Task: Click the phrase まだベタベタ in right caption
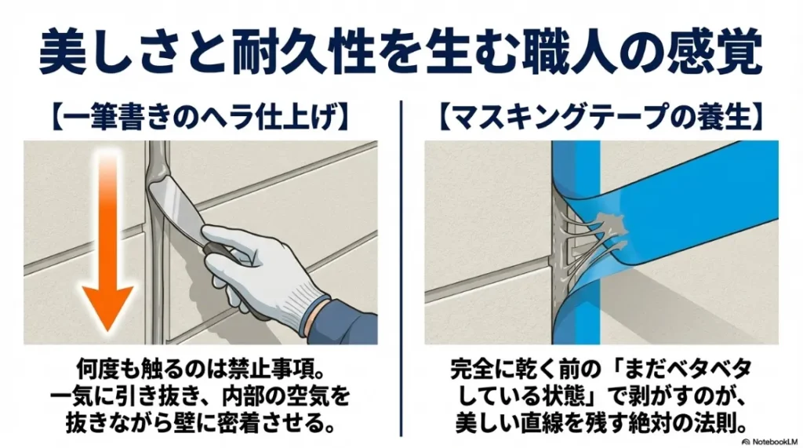(x=689, y=367)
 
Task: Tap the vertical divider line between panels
(x=401, y=267)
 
